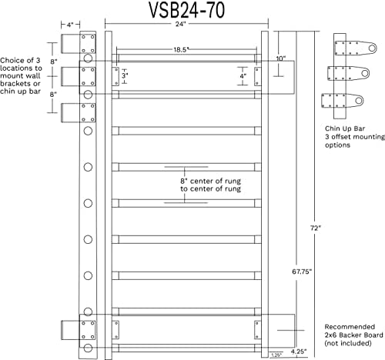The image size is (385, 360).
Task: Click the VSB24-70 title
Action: tap(187, 10)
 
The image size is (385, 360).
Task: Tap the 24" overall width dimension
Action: tap(180, 24)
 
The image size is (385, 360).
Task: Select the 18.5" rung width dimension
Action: tap(182, 50)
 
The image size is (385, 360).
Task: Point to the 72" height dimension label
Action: tap(316, 228)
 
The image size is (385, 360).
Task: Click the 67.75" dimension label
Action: tap(302, 272)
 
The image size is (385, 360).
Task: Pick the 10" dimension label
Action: tap(281, 58)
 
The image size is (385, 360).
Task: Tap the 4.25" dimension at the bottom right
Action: tap(299, 352)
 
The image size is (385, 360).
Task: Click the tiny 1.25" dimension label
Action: tap(276, 355)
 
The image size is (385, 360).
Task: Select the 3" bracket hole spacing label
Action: tap(125, 75)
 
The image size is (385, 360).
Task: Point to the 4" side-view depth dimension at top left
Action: tap(70, 25)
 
